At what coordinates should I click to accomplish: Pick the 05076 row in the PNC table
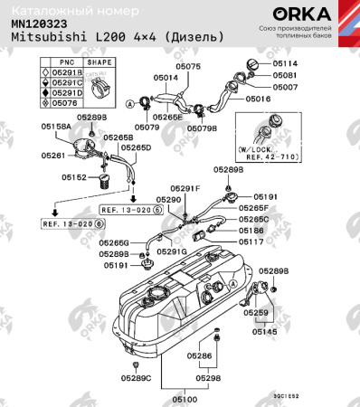[65, 102]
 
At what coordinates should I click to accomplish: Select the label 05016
[258, 98]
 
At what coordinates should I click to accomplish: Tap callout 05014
[166, 79]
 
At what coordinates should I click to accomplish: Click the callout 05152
[74, 178]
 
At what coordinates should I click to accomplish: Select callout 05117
[251, 242]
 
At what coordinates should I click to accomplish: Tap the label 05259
[257, 312]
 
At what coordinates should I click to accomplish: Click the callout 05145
[264, 332]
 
